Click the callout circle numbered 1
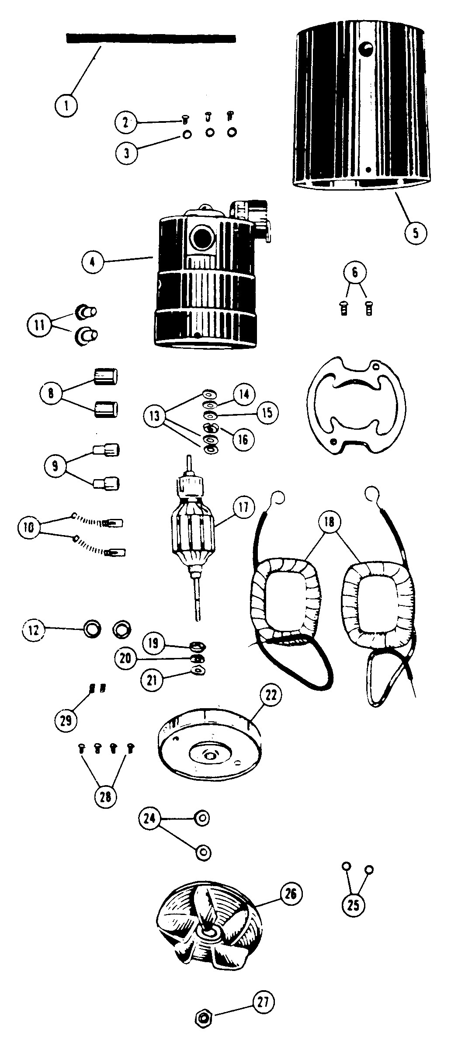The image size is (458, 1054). [66, 105]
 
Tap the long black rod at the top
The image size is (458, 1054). [151, 39]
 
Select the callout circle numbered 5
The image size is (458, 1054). [415, 232]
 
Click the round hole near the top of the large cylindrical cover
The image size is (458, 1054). [366, 47]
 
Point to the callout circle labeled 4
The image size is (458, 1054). [93, 263]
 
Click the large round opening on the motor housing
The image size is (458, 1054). [202, 239]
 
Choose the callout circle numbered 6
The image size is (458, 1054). [354, 273]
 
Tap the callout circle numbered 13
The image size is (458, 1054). [155, 416]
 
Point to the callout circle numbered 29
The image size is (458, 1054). [66, 720]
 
